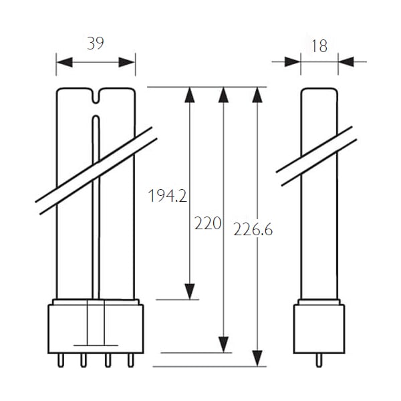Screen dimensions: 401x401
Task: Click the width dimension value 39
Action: [96, 43]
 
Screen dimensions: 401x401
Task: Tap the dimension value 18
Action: [319, 46]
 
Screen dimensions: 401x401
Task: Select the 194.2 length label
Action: [168, 196]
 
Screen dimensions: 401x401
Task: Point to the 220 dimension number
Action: [208, 223]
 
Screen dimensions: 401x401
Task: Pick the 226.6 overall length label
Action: [253, 229]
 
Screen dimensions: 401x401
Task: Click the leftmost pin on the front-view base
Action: [61, 361]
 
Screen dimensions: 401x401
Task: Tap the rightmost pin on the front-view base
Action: [131, 361]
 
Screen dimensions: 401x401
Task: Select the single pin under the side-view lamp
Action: [319, 361]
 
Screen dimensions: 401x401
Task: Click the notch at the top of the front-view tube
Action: [96, 96]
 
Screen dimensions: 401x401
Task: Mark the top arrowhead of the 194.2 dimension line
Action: [190, 95]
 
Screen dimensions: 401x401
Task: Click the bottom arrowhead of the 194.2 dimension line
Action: [190, 291]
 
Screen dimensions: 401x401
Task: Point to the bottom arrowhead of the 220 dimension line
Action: [223, 345]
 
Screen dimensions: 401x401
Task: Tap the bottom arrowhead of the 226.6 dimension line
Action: [257, 358]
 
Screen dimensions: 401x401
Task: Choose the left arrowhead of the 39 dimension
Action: [64, 62]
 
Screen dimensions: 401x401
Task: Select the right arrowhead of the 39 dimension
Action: [127, 62]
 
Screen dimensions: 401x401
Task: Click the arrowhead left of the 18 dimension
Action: [293, 62]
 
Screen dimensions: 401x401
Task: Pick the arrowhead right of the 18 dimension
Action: [346, 62]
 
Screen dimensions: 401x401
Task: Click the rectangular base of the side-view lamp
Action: [319, 329]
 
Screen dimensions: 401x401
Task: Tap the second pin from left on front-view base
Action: [84, 361]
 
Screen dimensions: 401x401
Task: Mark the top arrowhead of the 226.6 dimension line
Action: [257, 95]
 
